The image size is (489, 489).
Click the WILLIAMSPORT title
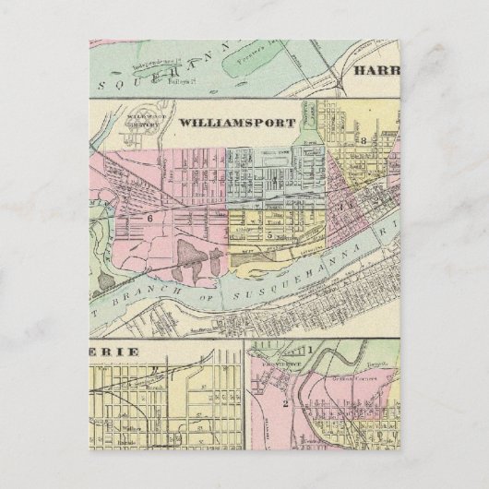pos(236,123)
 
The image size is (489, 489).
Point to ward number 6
pos(148,218)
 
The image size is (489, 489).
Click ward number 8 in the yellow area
pos(364,140)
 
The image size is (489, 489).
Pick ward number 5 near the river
pos(268,234)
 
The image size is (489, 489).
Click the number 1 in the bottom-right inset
pos(310,349)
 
